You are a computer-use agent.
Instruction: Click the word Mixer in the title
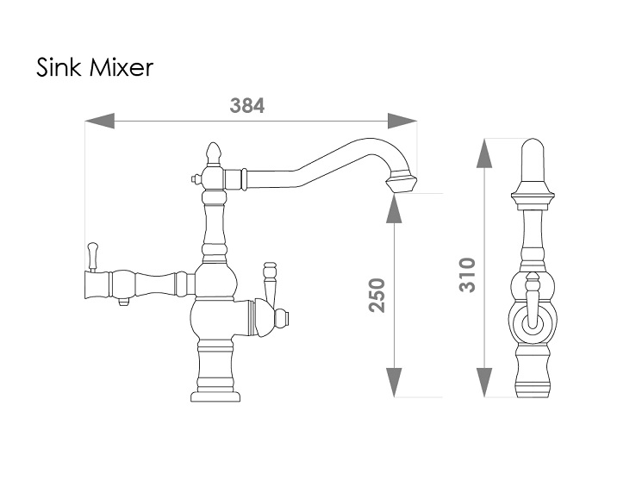click(x=121, y=67)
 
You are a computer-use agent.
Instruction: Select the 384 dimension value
click(x=247, y=106)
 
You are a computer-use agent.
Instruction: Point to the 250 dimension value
click(x=377, y=295)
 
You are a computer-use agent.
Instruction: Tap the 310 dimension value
click(x=467, y=275)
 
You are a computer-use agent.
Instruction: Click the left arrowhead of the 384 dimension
click(x=99, y=122)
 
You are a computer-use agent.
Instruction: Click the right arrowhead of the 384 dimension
click(x=402, y=122)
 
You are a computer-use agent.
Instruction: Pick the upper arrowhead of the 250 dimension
click(x=394, y=208)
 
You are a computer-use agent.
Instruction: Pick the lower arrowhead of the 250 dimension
click(x=394, y=383)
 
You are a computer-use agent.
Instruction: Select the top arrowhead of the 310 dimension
click(x=484, y=153)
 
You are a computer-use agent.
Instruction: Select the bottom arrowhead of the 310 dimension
click(x=484, y=383)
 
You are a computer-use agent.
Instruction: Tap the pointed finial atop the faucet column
click(x=213, y=153)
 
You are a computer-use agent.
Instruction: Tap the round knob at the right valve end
click(x=282, y=319)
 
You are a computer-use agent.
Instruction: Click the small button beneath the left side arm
click(x=123, y=303)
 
